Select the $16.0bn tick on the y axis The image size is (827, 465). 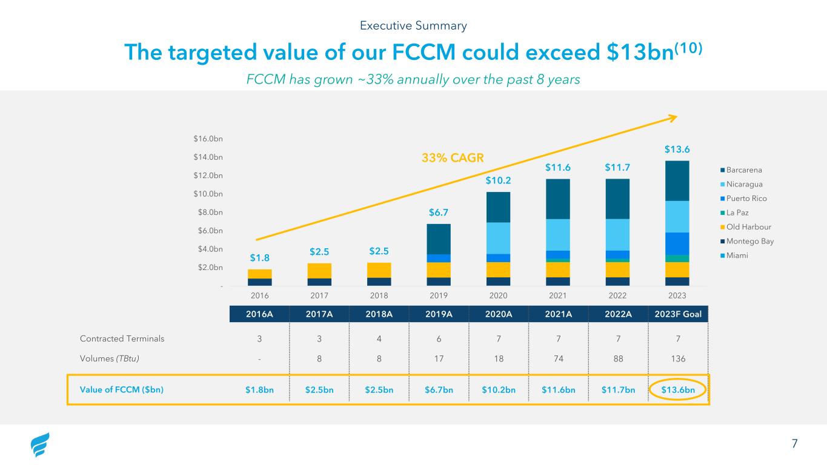click(x=208, y=139)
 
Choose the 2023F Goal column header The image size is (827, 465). click(x=679, y=314)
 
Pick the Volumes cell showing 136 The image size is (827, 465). click(x=679, y=358)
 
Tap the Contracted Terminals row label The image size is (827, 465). click(x=122, y=338)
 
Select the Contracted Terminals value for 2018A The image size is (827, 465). click(x=379, y=338)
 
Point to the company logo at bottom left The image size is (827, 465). click(x=40, y=445)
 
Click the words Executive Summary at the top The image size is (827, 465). click(x=413, y=25)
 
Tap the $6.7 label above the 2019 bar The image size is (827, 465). click(x=439, y=213)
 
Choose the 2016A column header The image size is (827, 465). click(x=260, y=314)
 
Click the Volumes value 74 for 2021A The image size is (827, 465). click(x=558, y=358)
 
